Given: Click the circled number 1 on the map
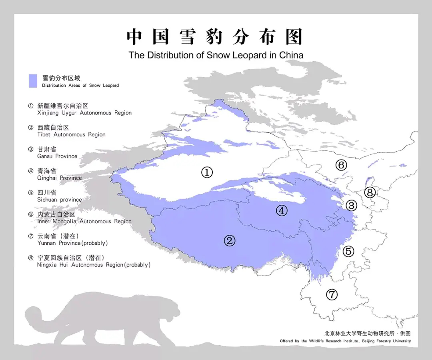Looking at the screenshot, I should (206, 172).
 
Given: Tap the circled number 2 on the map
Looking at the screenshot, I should (229, 240).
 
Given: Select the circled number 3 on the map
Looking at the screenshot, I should (351, 206).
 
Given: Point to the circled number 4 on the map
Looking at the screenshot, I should (282, 211).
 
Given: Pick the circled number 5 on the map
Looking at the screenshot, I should (348, 251).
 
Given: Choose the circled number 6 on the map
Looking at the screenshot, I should (341, 164).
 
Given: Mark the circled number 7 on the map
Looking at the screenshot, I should (332, 295).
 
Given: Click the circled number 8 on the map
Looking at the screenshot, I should (370, 192).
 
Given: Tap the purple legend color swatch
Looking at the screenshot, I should (33, 81).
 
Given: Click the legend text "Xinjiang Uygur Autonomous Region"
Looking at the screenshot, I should (84, 113).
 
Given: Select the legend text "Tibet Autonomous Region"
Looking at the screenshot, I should (71, 134).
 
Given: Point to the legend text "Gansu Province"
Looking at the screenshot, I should (57, 156).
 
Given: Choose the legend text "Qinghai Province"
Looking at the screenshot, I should (59, 178).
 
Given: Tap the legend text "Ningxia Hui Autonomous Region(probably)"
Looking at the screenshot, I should (94, 265).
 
